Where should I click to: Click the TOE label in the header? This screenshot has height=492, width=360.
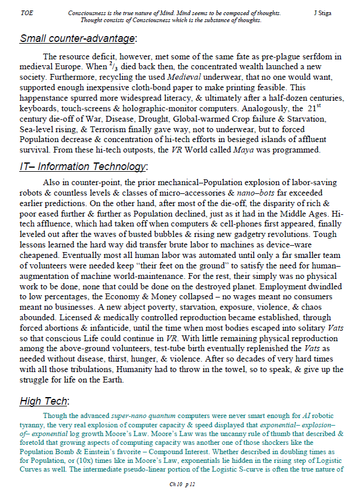26,13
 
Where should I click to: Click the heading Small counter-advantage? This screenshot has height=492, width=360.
77,39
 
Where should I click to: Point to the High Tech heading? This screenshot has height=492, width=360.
44,401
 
